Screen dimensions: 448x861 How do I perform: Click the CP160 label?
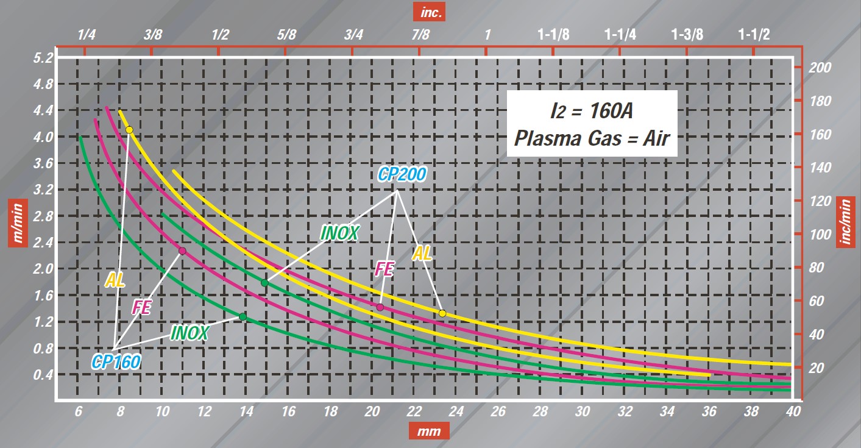pos(116,362)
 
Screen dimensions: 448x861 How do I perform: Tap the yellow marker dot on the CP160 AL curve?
pos(129,130)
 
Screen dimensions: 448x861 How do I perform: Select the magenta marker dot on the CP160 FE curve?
pos(182,251)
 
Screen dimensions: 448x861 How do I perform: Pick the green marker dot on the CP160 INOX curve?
pos(243,317)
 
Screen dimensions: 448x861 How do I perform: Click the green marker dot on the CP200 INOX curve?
pos(264,283)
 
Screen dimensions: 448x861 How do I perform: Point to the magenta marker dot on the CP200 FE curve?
pos(380,307)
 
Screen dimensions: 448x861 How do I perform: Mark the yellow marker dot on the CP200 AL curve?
pos(442,313)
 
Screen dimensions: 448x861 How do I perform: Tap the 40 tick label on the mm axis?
pos(792,411)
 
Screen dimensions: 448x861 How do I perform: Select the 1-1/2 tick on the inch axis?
pos(754,35)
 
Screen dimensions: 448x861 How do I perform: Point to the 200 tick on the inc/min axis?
pos(818,68)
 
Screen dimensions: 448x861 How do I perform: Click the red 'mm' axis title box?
pos(429,432)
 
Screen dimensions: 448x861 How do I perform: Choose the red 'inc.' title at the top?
pos(430,11)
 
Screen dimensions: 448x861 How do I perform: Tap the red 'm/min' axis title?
pos(16,222)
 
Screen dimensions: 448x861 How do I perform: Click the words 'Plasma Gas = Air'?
pos(592,138)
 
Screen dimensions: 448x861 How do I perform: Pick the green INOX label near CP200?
pos(339,232)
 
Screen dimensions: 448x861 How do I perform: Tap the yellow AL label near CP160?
pos(115,280)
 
